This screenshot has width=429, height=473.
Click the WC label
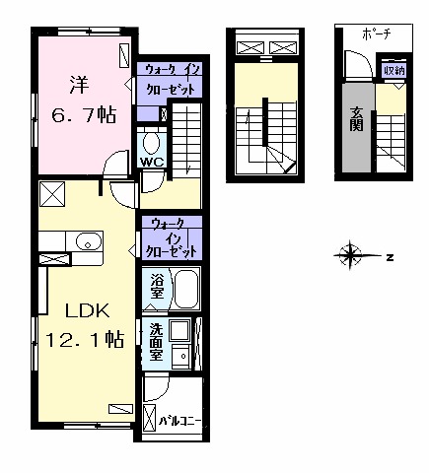[152, 162]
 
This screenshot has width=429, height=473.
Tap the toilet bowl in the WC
[152, 144]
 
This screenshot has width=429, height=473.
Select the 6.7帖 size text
[84, 115]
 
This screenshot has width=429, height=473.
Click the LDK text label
[87, 310]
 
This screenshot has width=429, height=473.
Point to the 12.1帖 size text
[85, 340]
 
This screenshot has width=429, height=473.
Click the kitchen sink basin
[89, 241]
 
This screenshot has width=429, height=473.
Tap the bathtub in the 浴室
[186, 289]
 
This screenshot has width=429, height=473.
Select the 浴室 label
[157, 287]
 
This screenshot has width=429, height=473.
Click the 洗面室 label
[156, 342]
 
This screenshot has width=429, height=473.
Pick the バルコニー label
[179, 421]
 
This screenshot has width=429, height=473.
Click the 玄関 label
[357, 119]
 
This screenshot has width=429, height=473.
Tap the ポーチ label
[377, 34]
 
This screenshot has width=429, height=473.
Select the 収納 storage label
[394, 70]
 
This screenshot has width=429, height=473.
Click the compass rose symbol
[350, 255]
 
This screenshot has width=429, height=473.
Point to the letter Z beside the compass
[390, 257]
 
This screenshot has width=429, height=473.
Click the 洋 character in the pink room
[79, 85]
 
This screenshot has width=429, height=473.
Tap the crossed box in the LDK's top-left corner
[52, 194]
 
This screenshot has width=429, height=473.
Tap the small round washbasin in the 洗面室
[183, 356]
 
